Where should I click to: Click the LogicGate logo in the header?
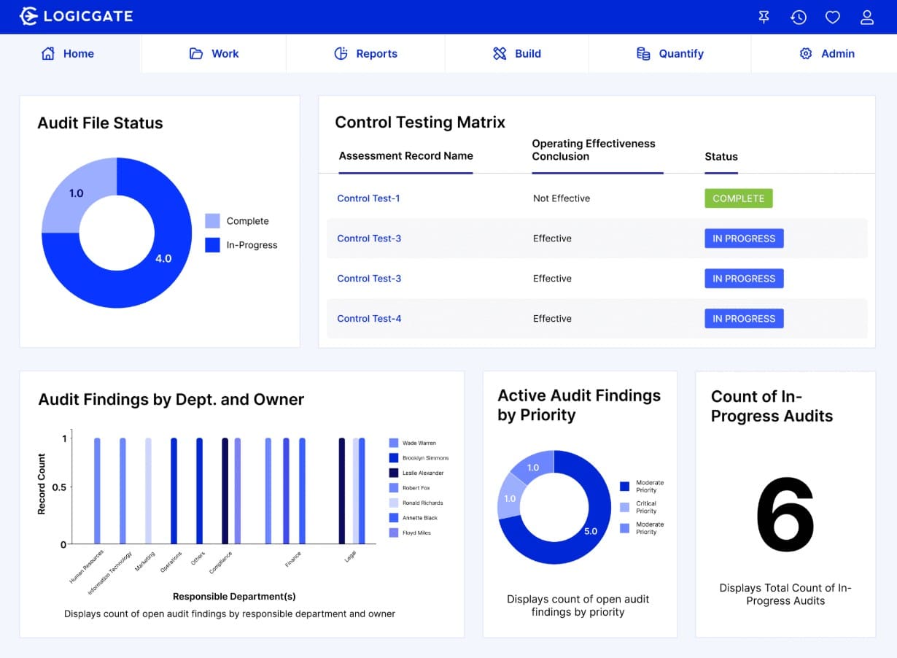76,16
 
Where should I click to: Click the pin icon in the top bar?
764,17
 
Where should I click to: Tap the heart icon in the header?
832,17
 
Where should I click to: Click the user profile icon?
866,17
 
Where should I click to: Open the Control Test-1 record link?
368,198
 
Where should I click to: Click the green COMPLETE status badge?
738,198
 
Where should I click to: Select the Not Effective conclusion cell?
561,198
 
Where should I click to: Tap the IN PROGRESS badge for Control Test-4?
743,319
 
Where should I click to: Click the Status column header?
721,156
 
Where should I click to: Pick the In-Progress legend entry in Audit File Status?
241,245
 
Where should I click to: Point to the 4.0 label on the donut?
163,258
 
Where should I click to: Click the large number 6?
785,515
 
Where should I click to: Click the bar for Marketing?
149,490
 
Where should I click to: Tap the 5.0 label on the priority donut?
591,531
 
